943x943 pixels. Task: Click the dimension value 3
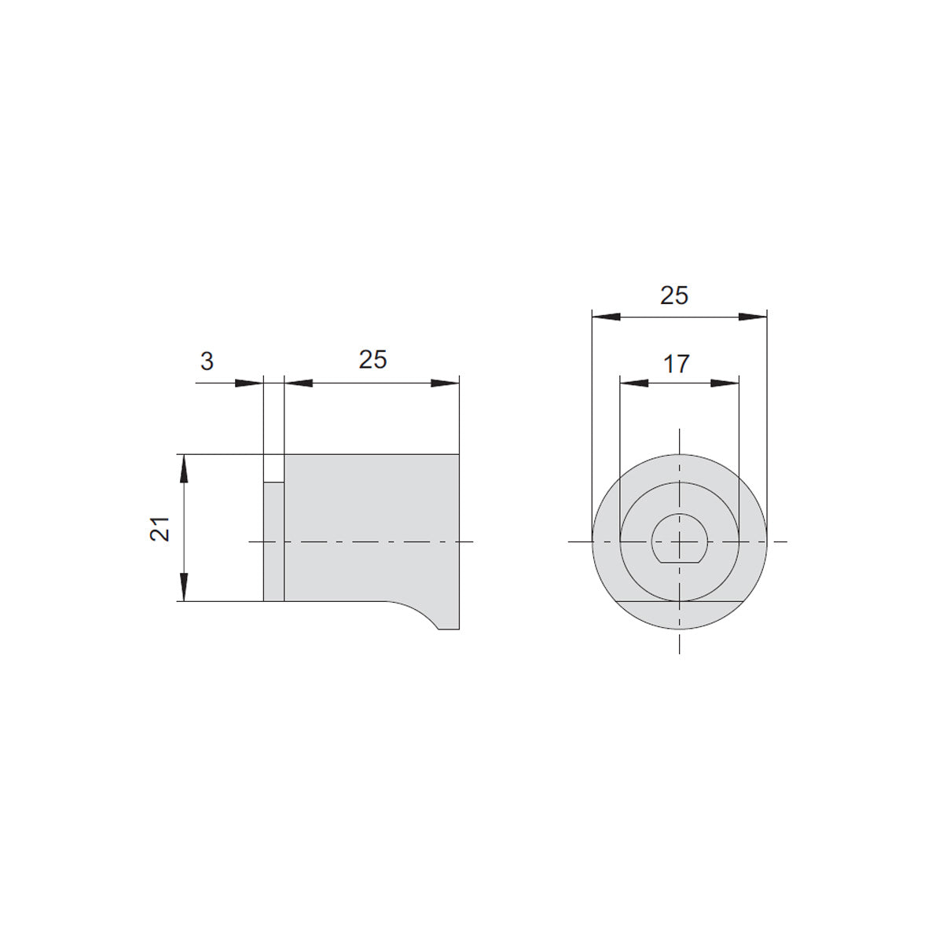[207, 361]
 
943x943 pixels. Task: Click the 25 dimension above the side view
[373, 360]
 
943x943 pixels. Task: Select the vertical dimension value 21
[160, 529]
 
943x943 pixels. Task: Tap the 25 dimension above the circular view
[674, 295]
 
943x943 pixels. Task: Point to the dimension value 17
[677, 364]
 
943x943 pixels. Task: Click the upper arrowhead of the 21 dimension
[184, 469]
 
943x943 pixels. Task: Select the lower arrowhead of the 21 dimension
[184, 587]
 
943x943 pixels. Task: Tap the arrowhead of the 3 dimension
[249, 383]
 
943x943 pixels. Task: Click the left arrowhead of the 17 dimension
[634, 383]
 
